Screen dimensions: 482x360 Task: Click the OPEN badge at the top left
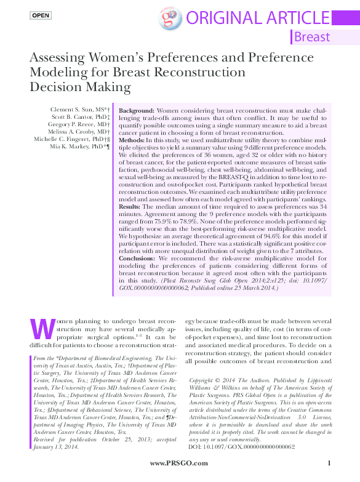pyautogui.click(x=41, y=15)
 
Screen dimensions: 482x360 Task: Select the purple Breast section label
pyautogui.click(x=312, y=37)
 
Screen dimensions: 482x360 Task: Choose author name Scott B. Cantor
pyautogui.click(x=77, y=116)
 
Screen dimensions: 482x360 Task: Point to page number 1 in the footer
pyautogui.click(x=330, y=463)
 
